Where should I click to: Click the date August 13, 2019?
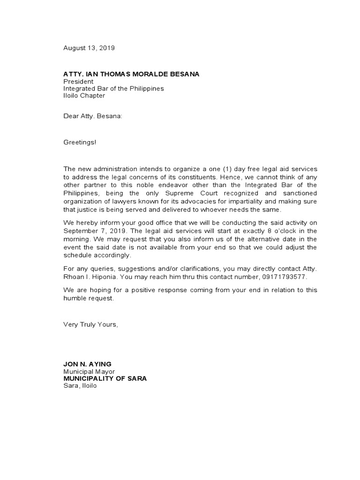(89, 48)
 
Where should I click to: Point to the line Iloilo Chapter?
(84, 96)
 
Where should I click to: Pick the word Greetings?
(80, 142)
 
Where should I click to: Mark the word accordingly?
(112, 255)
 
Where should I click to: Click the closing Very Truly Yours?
(91, 325)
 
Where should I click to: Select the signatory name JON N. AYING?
(88, 364)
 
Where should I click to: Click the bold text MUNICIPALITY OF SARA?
(105, 378)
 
